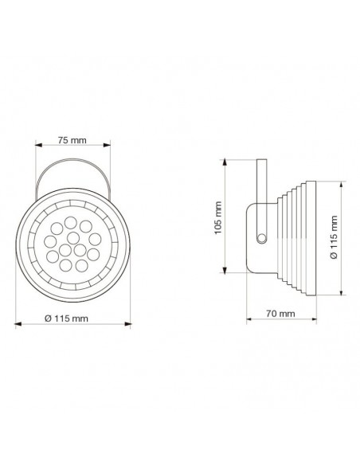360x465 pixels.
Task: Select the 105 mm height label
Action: pyautogui.click(x=231, y=213)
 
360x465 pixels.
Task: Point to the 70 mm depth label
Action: pyautogui.click(x=280, y=314)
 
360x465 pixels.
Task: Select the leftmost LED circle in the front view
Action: pyautogui.click(x=50, y=237)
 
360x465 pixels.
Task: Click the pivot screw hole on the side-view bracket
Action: pyautogui.click(x=260, y=236)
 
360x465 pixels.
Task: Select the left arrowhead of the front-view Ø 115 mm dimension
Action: pyautogui.click(x=20, y=324)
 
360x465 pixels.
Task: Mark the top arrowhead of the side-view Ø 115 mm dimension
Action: pyautogui.click(x=340, y=184)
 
